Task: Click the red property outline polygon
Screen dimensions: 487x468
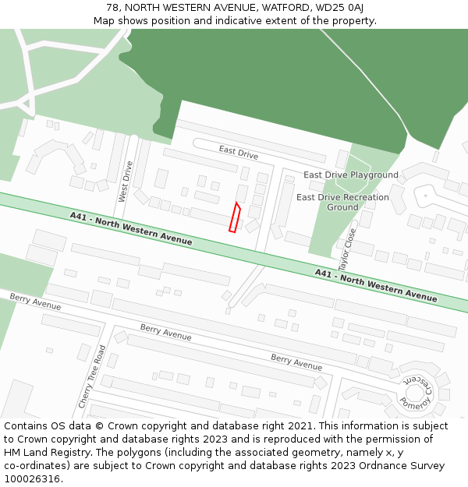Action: [233, 217]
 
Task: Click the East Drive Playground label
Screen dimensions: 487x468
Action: [350, 175]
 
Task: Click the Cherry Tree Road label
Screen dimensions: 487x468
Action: [90, 376]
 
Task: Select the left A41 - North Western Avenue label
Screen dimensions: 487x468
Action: [130, 228]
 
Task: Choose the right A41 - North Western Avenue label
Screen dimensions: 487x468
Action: [376, 284]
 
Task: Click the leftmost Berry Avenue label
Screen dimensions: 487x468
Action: [35, 302]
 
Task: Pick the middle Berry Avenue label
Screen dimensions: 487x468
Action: [165, 333]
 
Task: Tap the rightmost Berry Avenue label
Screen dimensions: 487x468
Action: [296, 362]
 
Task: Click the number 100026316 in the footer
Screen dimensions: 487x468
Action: [32, 478]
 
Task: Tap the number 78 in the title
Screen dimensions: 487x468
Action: [112, 8]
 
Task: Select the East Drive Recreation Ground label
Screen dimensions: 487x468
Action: [342, 202]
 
